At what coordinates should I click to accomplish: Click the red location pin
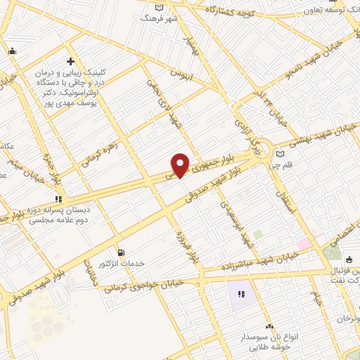pyautogui.click(x=181, y=165)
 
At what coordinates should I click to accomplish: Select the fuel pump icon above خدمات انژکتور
pyautogui.click(x=122, y=252)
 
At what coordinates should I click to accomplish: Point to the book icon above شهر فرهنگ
pyautogui.click(x=160, y=7)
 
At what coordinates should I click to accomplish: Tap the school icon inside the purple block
pyautogui.click(x=241, y=294)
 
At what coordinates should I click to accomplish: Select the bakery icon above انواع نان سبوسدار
pyautogui.click(x=269, y=326)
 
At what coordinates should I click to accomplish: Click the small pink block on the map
pyautogui.click(x=304, y=244)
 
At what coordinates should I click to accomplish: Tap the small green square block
pyautogui.click(x=257, y=234)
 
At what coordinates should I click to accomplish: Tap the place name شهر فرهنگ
pyautogui.click(x=160, y=18)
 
